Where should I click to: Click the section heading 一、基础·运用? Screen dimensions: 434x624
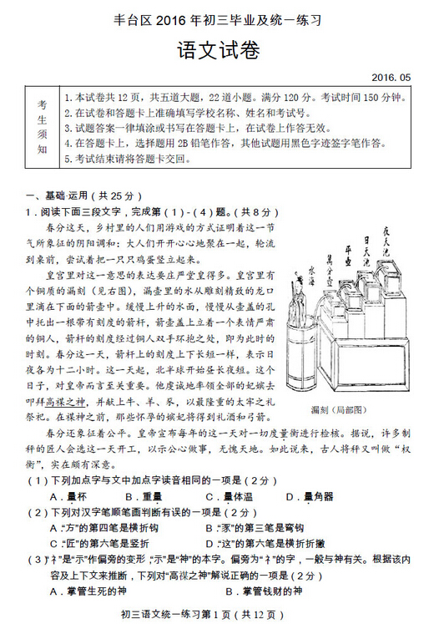click(73, 192)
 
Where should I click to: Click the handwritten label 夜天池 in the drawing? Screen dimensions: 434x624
click(387, 243)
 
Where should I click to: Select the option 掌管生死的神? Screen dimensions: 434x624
click(88, 591)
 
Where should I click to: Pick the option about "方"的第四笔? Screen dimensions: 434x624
click(102, 527)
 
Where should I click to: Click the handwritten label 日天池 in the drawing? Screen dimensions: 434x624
click(366, 254)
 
